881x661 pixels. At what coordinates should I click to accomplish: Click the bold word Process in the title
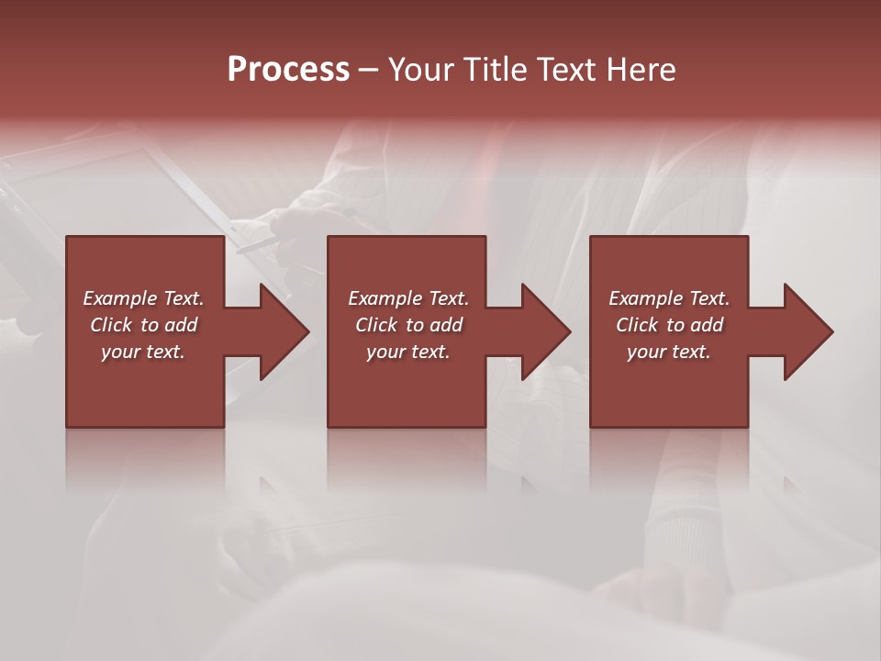pyautogui.click(x=288, y=70)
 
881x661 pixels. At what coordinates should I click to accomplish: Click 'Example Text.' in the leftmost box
pyautogui.click(x=143, y=298)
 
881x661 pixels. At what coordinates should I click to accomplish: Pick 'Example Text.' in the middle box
pyautogui.click(x=408, y=298)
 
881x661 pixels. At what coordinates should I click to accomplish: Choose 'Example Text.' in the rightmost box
pyautogui.click(x=669, y=298)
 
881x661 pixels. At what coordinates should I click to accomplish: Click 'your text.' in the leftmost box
pyautogui.click(x=143, y=352)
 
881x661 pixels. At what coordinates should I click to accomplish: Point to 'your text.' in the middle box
pyautogui.click(x=408, y=352)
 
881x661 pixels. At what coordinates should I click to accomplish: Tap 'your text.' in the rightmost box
pyautogui.click(x=669, y=352)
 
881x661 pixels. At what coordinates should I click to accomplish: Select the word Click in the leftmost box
pyautogui.click(x=111, y=325)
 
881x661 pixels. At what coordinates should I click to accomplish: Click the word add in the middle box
pyautogui.click(x=446, y=325)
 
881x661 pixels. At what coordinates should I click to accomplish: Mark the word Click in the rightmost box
pyautogui.click(x=637, y=325)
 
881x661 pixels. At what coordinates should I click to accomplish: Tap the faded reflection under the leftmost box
pyautogui.click(x=145, y=459)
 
